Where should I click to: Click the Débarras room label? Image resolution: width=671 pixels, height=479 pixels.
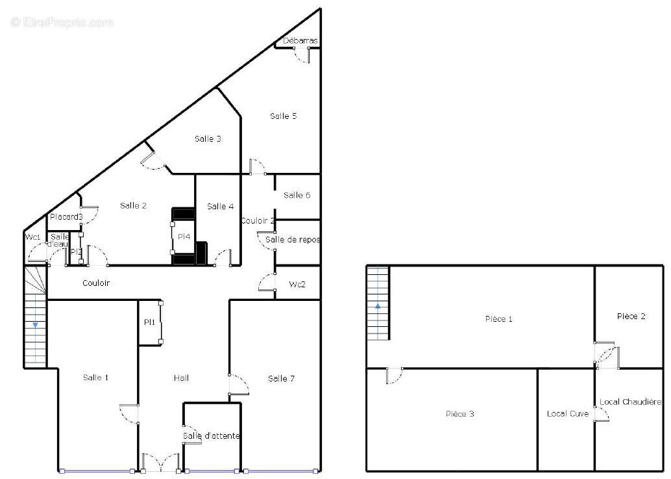(300, 41)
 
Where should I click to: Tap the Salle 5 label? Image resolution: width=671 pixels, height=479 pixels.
(284, 116)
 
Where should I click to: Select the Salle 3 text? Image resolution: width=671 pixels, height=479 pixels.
(208, 139)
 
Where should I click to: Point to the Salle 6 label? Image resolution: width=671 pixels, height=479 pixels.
(297, 196)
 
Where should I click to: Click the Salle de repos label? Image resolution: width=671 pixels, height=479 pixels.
(293, 239)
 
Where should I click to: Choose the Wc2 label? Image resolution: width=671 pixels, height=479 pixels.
(297, 285)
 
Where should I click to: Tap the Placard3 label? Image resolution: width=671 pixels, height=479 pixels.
(66, 217)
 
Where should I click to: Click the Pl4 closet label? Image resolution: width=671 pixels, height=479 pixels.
(184, 237)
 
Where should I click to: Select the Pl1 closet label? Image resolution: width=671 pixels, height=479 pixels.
(149, 322)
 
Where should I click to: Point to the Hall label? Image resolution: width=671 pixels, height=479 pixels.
(182, 378)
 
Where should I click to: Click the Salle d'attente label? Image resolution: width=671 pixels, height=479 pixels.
(212, 435)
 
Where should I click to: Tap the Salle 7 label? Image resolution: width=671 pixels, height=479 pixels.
(281, 378)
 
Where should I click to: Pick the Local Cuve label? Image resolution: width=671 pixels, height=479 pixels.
(568, 413)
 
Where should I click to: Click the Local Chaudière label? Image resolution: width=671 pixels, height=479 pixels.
(631, 402)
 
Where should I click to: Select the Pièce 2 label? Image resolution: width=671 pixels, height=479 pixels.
(631, 316)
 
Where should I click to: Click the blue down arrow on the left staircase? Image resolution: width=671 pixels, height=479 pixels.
(35, 325)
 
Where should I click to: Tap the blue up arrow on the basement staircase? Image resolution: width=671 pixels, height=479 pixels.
(378, 306)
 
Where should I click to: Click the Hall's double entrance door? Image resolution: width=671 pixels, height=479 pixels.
(161, 463)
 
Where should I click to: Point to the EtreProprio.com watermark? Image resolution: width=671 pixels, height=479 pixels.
(62, 22)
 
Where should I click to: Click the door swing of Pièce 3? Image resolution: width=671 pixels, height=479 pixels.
(394, 376)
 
